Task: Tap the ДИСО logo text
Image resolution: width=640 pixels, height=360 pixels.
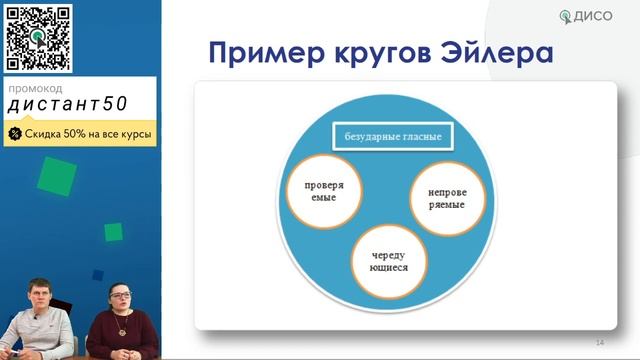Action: [604, 16]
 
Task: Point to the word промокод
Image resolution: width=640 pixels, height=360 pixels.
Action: [35, 88]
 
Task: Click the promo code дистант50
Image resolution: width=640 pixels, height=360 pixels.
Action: [68, 105]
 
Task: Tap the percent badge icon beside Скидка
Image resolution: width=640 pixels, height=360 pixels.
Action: [15, 133]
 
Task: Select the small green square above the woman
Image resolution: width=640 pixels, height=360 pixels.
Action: [113, 232]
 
